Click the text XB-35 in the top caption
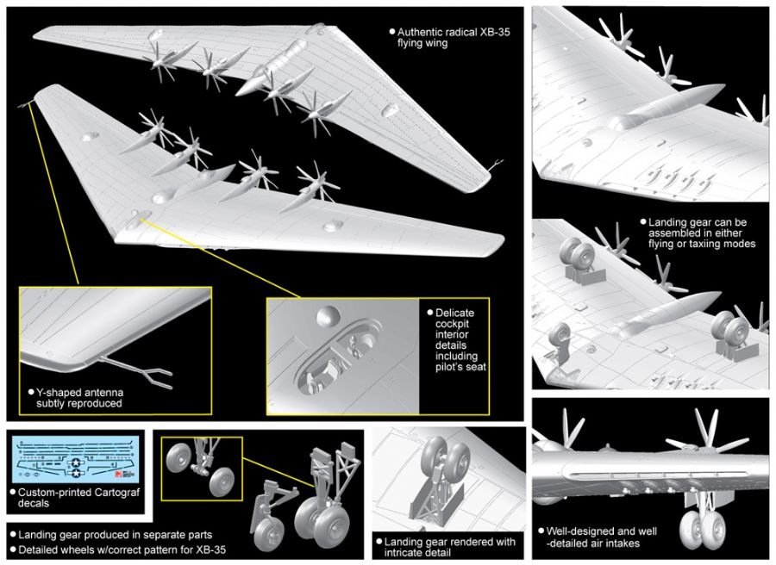(x=494, y=32)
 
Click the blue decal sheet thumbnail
(x=75, y=460)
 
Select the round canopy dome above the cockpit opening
(x=329, y=316)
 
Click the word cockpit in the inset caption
(x=453, y=324)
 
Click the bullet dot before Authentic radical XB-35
(x=392, y=32)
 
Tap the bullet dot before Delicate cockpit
(x=430, y=313)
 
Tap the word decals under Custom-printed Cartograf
(x=34, y=503)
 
